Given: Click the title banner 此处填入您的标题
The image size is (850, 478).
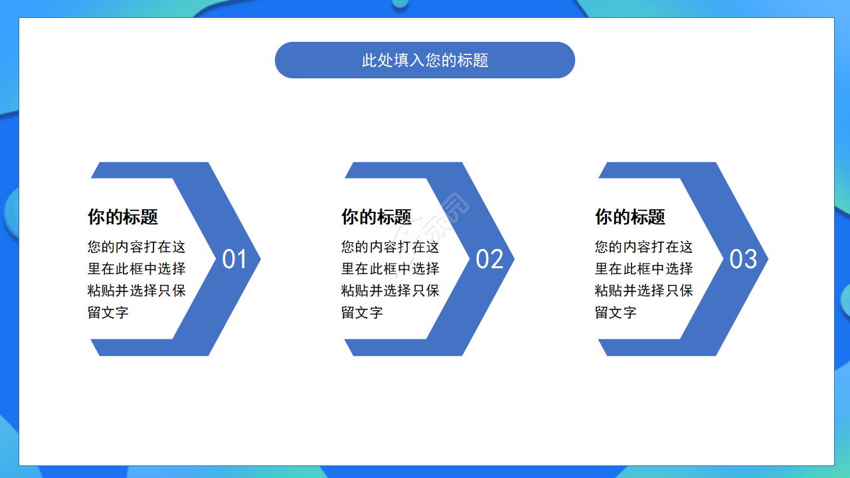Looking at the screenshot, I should click(425, 60).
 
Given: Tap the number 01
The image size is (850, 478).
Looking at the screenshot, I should click(234, 260).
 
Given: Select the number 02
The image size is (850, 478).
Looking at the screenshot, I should click(489, 260).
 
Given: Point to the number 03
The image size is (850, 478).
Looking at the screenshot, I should click(743, 260).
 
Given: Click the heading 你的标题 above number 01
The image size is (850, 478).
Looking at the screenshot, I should click(123, 217).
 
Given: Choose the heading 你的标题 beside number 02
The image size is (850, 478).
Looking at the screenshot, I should click(377, 217).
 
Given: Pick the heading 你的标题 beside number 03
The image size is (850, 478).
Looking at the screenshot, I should click(630, 217).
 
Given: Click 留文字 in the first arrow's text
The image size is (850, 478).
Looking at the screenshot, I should click(108, 313).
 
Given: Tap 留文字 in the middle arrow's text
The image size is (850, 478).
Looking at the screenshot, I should click(362, 313).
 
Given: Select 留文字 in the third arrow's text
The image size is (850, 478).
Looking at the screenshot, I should click(616, 313).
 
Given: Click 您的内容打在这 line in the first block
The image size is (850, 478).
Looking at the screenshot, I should click(137, 247).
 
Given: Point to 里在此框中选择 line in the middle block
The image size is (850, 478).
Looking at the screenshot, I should click(390, 269).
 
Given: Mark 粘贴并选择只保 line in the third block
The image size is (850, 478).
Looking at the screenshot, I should click(644, 291).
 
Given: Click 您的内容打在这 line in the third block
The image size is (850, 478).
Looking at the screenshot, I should click(644, 247).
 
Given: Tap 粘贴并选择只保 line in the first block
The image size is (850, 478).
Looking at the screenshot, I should click(137, 291).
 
